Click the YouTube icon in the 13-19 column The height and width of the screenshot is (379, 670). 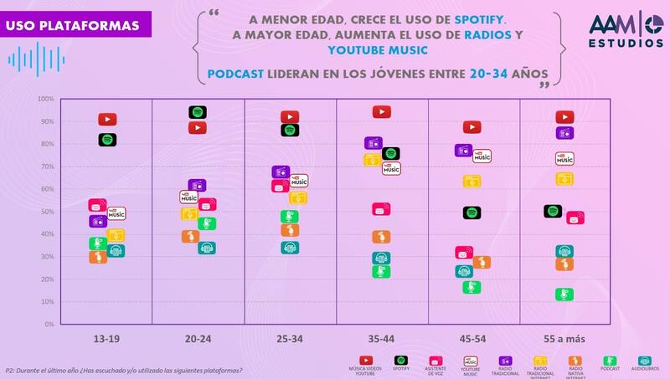pyautogui.click(x=107, y=120)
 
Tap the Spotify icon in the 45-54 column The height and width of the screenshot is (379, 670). pyautogui.click(x=472, y=213)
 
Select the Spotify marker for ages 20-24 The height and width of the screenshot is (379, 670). pyautogui.click(x=198, y=112)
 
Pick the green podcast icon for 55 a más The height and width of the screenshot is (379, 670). pyautogui.click(x=564, y=294)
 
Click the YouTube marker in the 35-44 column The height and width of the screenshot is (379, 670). pyautogui.click(x=382, y=111)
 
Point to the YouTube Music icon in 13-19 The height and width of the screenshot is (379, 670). pyautogui.click(x=116, y=214)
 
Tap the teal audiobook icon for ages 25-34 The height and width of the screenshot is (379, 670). pyautogui.click(x=290, y=247)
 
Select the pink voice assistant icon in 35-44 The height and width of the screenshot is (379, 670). pyautogui.click(x=381, y=209)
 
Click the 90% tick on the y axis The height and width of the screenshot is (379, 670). pyautogui.click(x=45, y=121)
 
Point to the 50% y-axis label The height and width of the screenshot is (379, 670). pyautogui.click(x=45, y=212)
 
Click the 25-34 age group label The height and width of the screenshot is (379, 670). pyautogui.click(x=289, y=339)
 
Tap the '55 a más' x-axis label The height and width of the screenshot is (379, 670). pyautogui.click(x=564, y=339)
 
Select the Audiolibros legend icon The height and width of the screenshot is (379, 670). pyautogui.click(x=645, y=361)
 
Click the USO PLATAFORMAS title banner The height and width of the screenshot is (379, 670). pyautogui.click(x=73, y=26)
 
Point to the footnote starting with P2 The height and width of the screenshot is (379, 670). pyautogui.click(x=124, y=369)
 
